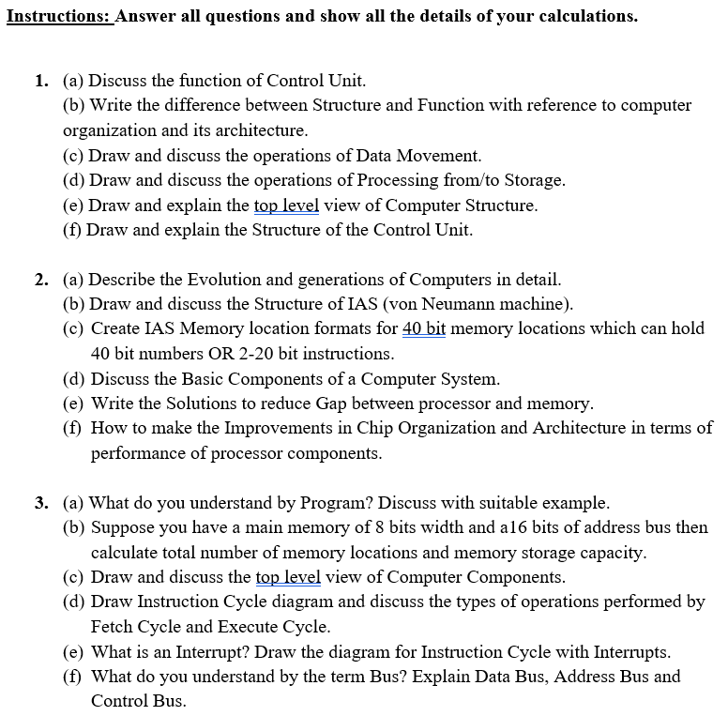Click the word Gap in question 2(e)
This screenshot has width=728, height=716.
[x=335, y=404]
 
